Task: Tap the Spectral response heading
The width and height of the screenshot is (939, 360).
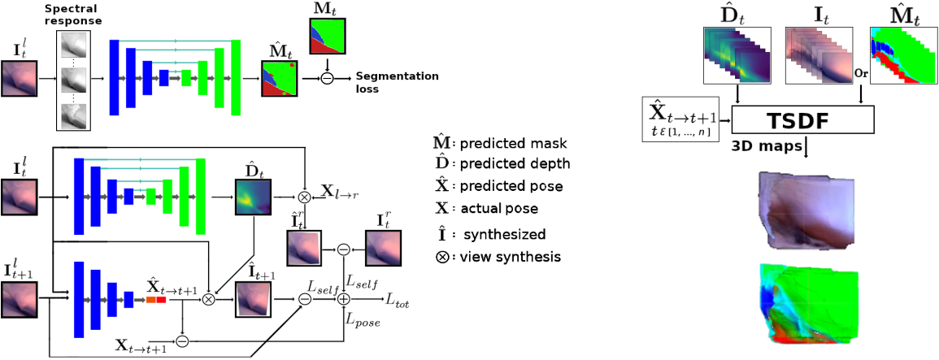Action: pyautogui.click(x=80, y=15)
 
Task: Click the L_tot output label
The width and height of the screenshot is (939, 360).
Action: pyautogui.click(x=398, y=301)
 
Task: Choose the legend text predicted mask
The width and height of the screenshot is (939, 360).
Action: pyautogui.click(x=512, y=144)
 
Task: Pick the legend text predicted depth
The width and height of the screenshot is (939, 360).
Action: pyautogui.click(x=515, y=163)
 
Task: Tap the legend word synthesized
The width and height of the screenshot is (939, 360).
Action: pyautogui.click(x=504, y=235)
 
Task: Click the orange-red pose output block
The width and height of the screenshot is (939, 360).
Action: pyautogui.click(x=155, y=301)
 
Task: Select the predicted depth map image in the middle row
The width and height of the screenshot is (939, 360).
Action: pyautogui.click(x=252, y=197)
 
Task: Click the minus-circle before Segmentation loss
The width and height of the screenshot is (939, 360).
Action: pyautogui.click(x=327, y=78)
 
